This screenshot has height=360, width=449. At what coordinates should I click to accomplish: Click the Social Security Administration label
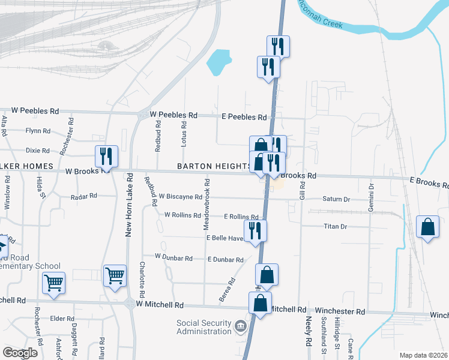203,327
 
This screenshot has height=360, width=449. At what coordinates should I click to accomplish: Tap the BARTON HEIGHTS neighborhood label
213,166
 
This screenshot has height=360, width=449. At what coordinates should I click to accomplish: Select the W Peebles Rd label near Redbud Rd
173,115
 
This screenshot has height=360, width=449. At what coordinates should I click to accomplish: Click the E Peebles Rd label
244,117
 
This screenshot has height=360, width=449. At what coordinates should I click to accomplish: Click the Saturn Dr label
336,199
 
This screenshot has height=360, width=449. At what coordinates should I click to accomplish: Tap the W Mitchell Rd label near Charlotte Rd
160,305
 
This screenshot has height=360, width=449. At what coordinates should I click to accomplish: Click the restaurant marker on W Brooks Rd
106,156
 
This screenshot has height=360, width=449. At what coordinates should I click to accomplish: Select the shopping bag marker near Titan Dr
427,227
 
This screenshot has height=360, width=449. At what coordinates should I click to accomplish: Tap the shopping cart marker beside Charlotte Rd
115,276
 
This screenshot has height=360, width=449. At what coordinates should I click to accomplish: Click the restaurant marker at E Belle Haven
255,231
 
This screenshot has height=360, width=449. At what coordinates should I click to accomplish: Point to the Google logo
20,353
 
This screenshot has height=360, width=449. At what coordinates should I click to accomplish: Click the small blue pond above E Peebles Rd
218,61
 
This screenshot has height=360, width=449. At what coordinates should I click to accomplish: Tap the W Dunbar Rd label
173,257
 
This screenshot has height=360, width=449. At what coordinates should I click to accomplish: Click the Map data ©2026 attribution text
423,355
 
